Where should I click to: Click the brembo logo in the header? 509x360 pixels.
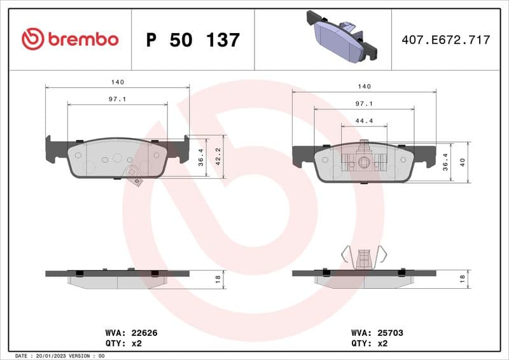point(70,39)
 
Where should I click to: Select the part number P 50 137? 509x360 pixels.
point(193,40)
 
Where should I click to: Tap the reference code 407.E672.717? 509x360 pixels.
point(445,40)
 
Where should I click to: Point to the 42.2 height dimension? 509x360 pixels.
point(218,156)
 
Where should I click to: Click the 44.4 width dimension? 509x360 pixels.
point(364,120)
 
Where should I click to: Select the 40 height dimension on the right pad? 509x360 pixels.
point(463,162)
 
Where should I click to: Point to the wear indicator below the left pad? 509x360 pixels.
point(134,175)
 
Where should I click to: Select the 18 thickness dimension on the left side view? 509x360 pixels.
point(218,277)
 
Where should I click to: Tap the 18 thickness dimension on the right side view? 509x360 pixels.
point(463,277)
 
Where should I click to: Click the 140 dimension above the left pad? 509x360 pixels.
point(117,82)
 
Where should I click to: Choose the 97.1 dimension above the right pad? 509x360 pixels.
point(364,103)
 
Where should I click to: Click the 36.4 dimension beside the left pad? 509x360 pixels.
point(201,158)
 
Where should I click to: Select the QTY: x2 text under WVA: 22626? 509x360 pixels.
point(122,343)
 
